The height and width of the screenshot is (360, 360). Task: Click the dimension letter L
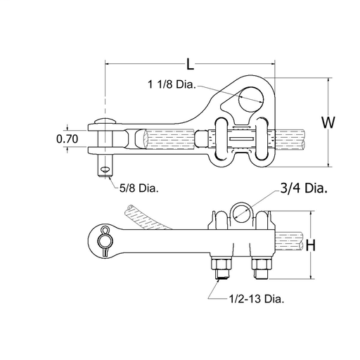click(x=190, y=64)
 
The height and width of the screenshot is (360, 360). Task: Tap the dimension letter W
click(x=328, y=122)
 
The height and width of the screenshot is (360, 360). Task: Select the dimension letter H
click(x=311, y=245)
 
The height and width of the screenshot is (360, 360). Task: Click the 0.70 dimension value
click(x=67, y=139)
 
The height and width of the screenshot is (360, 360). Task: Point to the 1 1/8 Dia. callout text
click(x=172, y=84)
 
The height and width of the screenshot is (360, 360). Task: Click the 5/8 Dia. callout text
click(x=139, y=188)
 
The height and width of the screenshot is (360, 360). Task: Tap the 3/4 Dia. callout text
click(x=304, y=188)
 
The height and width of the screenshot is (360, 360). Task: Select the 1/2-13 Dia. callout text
click(x=257, y=299)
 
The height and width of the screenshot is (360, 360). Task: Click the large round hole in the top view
click(x=251, y=99)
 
